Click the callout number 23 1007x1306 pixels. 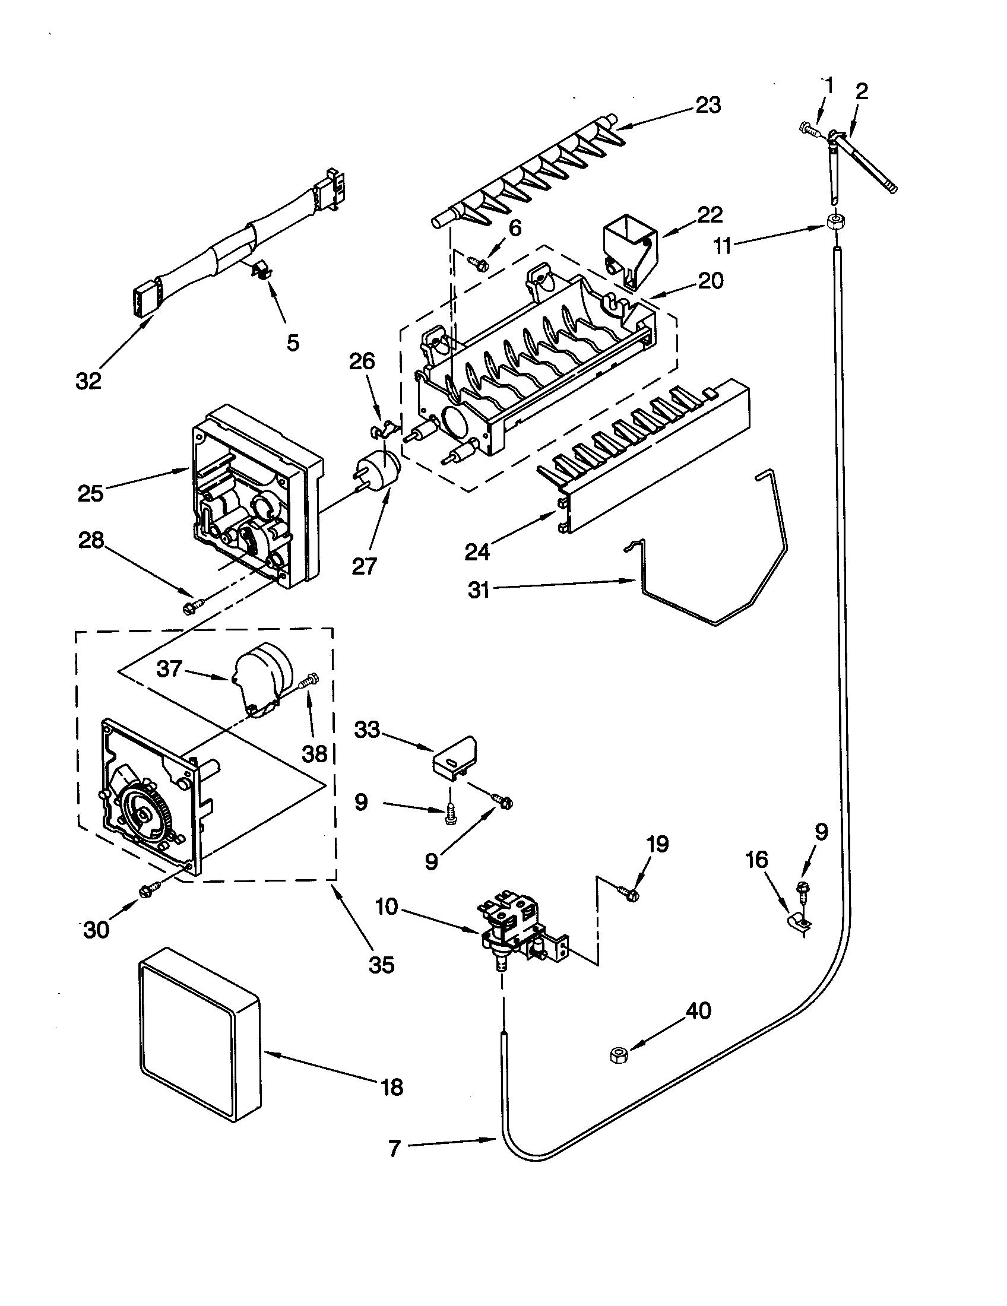[x=708, y=106]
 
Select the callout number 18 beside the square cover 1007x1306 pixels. [x=392, y=1087]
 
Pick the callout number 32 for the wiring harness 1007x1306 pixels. [x=88, y=381]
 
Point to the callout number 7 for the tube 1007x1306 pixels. [x=394, y=1149]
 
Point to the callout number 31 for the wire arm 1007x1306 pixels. [x=479, y=591]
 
